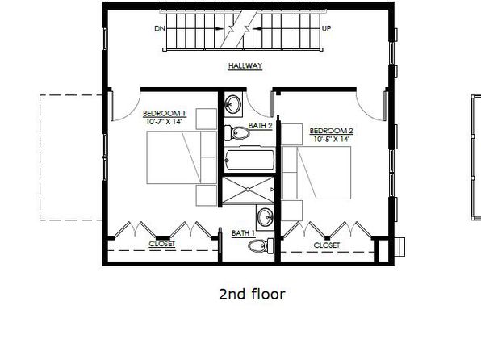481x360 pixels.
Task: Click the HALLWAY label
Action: [245, 65]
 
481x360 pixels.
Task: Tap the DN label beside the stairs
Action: [160, 28]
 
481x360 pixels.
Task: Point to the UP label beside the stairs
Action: [326, 28]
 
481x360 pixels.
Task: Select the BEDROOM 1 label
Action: [165, 114]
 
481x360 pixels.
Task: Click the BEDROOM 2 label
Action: [332, 131]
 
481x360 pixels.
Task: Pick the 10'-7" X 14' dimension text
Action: [164, 122]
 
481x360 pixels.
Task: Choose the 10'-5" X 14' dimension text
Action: [332, 139]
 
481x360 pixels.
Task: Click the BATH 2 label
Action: [261, 126]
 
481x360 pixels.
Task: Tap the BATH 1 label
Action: [243, 233]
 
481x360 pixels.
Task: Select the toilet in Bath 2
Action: [236, 133]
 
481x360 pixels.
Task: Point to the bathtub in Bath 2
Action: [249, 160]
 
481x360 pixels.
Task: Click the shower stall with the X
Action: [248, 190]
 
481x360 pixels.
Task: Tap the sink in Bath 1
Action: [265, 218]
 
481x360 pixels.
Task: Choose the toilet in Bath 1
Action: [261, 246]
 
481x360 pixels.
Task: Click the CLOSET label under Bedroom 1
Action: [162, 244]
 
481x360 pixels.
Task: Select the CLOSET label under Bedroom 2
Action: [327, 245]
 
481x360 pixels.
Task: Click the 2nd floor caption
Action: [252, 294]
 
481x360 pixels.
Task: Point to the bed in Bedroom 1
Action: [182, 157]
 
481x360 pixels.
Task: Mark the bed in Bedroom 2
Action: [316, 173]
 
